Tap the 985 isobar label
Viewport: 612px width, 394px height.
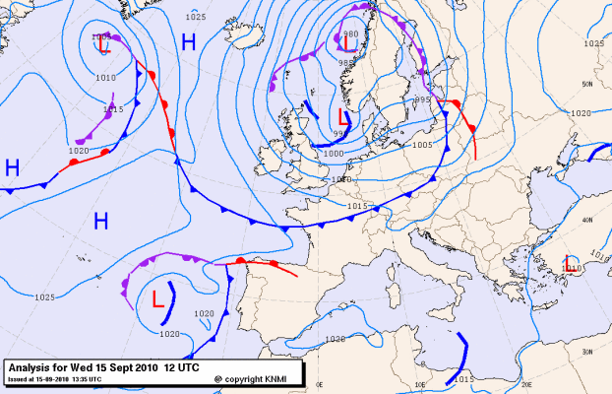pos(344,63)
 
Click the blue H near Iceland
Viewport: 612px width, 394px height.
pos(188,42)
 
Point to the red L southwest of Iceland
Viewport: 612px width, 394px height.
pos(103,44)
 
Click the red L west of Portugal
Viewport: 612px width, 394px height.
pos(157,299)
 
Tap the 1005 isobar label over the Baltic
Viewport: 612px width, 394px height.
pos(422,144)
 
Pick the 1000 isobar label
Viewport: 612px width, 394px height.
pos(335,154)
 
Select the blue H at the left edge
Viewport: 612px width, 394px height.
pos(12,167)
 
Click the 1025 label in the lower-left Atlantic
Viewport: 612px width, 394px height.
pos(44,296)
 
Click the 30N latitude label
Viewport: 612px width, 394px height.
pos(587,351)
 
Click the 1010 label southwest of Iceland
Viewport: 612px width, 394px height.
pos(106,77)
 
